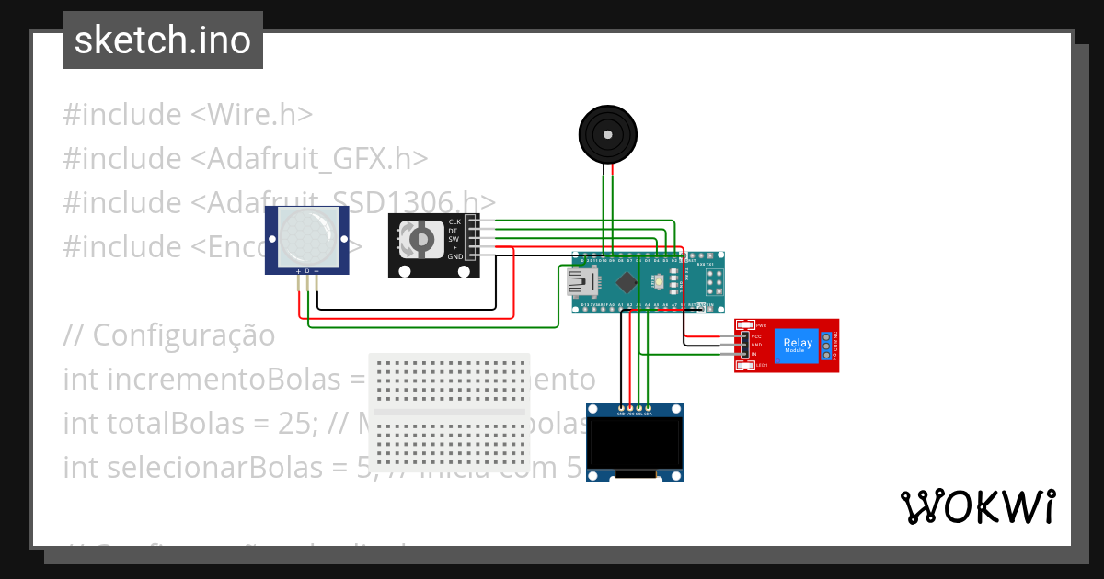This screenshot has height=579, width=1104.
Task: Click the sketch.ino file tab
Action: [x=163, y=40]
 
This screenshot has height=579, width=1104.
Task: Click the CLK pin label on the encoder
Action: [x=454, y=222]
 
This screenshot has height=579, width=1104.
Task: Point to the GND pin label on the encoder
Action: [x=454, y=257]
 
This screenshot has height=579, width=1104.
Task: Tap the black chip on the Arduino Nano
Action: [x=627, y=282]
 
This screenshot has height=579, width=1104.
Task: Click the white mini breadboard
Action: [x=449, y=413]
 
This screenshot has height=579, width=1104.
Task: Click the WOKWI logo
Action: [x=977, y=506]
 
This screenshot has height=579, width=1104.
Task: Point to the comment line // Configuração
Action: [x=168, y=335]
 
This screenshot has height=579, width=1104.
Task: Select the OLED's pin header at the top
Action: [x=635, y=407]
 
